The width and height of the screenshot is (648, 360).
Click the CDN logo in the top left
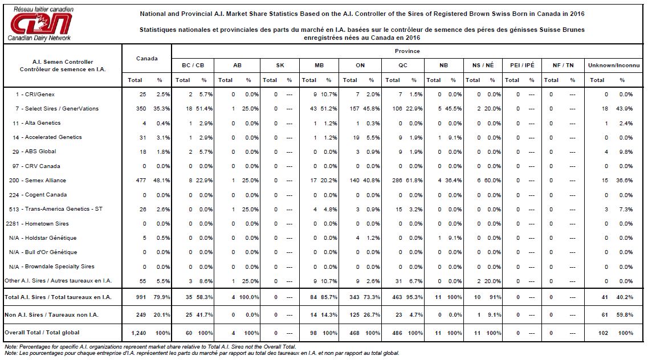pos(40,23)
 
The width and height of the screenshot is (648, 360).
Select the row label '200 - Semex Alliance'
pos(38,181)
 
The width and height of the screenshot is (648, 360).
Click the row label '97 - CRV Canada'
pos(36,166)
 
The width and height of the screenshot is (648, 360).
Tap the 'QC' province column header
pos(403,66)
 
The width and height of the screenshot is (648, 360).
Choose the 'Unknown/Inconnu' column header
pos(614,66)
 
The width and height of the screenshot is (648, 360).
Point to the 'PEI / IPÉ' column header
pos(522,66)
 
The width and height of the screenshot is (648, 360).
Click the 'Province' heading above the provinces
pos(407,51)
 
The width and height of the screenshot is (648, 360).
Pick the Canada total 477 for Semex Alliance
pos(141,181)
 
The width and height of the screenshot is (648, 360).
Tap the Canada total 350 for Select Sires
pos(141,109)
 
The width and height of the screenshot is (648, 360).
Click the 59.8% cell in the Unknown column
pos(625,314)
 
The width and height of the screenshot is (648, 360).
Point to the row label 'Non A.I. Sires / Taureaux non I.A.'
pos(51,314)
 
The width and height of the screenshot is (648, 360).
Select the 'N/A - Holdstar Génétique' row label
pos(43,238)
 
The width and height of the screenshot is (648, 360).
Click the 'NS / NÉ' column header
pos(483,66)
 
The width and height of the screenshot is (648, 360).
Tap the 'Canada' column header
pos(146,59)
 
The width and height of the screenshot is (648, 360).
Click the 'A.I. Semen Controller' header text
pos(63,62)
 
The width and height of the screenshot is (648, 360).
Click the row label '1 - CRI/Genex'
pos(35,94)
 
